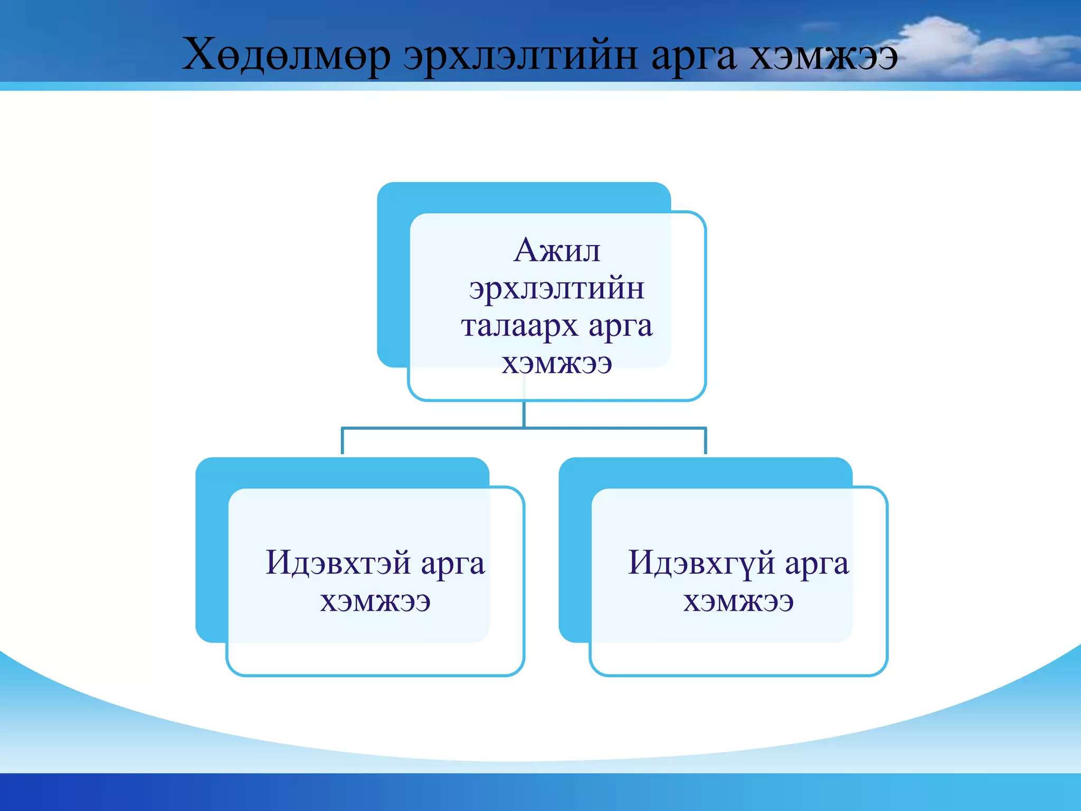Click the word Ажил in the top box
click(x=557, y=250)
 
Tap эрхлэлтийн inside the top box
click(x=557, y=289)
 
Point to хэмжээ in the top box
click(x=557, y=363)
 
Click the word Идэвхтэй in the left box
click(x=338, y=562)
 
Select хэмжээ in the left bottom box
click(x=375, y=601)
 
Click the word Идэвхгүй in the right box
click(x=701, y=563)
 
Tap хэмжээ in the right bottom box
click(x=738, y=601)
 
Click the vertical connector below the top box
click(x=524, y=414)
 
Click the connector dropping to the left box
click(x=343, y=441)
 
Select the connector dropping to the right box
click(x=705, y=441)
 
